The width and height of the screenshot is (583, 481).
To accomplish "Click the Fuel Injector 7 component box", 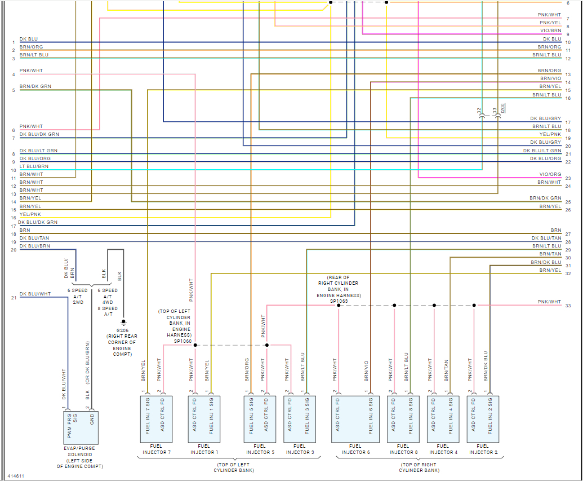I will [x=155, y=419].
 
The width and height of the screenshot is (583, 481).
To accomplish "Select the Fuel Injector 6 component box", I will [x=355, y=419].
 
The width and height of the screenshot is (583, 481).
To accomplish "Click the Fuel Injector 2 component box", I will [x=482, y=419].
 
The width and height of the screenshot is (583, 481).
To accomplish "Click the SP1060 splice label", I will [x=183, y=341].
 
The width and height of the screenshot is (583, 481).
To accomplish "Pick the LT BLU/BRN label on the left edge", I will [x=34, y=166].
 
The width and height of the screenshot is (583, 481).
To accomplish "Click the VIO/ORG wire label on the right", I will [x=550, y=174].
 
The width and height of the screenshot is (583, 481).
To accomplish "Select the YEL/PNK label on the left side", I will [x=30, y=214].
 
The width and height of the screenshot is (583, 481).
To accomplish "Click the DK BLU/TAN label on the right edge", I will [x=546, y=238].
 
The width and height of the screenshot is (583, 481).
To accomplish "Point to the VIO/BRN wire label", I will [x=550, y=30].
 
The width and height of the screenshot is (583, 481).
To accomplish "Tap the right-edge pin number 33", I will [x=568, y=306].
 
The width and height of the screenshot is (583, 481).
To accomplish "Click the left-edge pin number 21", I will [x=14, y=298].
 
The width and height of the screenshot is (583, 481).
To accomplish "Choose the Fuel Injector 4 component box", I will [x=443, y=419].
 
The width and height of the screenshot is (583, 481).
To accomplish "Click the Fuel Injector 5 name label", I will [x=260, y=449].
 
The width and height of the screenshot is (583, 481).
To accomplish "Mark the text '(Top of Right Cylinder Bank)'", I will [x=419, y=467].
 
